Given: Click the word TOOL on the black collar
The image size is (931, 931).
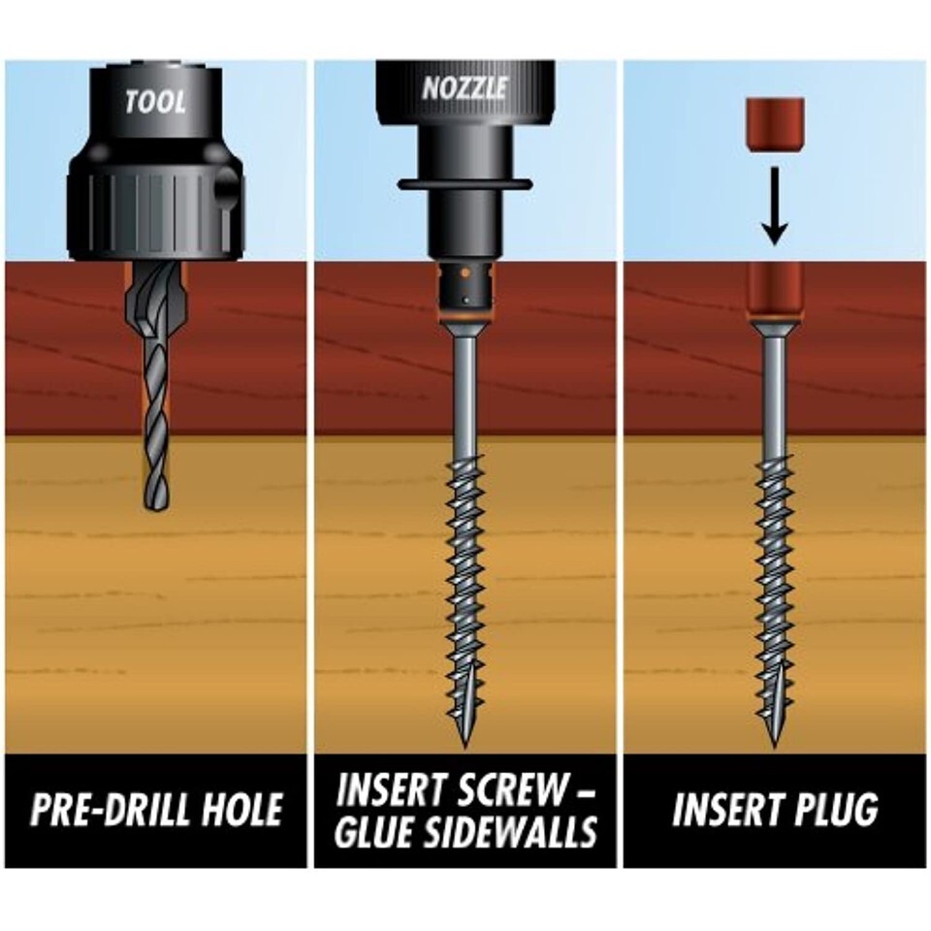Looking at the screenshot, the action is tap(155, 102).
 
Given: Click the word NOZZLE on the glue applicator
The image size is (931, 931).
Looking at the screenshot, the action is tap(465, 88).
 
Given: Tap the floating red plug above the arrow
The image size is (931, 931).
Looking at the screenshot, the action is tap(776, 124).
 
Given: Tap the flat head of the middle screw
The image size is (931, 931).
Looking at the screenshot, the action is tap(465, 326).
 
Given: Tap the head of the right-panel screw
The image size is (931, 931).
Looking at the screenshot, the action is tap(774, 326).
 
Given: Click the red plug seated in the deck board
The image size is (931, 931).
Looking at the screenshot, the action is tap(774, 289).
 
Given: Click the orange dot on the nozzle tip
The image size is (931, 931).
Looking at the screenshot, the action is tap(465, 273).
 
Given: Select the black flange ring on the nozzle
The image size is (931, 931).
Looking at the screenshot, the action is tap(465, 184).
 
